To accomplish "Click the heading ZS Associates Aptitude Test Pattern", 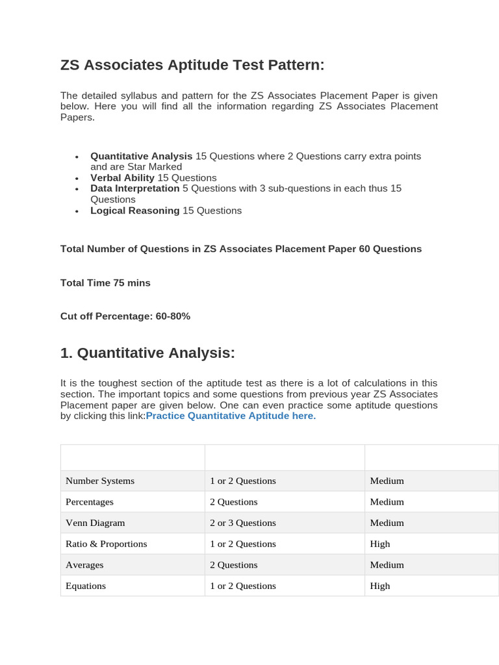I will [x=192, y=66].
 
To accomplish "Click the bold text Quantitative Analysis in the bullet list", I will [x=141, y=156].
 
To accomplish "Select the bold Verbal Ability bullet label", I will [x=122, y=178].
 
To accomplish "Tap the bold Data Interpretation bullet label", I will [x=134, y=188].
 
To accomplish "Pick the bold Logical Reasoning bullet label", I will [x=134, y=210].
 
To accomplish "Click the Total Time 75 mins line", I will [x=105, y=282].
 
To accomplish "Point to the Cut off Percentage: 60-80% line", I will [x=125, y=316].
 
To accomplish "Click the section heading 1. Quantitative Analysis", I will [x=147, y=353].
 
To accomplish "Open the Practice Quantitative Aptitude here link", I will [x=231, y=416].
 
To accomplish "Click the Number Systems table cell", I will [x=100, y=481].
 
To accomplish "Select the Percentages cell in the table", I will [x=90, y=502].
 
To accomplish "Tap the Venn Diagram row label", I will [x=95, y=523].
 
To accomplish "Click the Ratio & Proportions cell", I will [x=107, y=544].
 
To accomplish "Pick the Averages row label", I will [x=84, y=565].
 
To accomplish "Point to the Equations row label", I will [x=86, y=586].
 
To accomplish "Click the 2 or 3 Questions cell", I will [x=242, y=523].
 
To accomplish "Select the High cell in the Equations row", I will [x=380, y=586].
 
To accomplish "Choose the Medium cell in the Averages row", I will [x=387, y=565].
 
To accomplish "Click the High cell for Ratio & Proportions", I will [x=380, y=544].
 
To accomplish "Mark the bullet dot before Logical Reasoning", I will [x=77, y=212].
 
